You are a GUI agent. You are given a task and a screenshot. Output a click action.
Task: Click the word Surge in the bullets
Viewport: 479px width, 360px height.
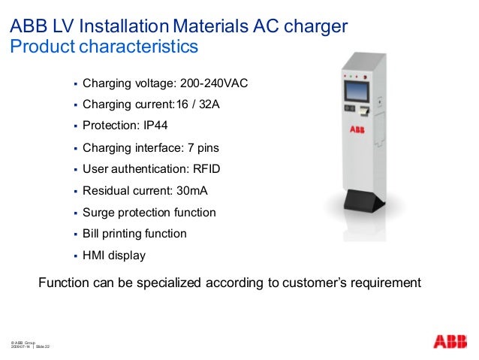[x=98, y=212]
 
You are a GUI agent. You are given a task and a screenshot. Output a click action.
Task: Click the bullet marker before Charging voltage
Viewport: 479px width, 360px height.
[x=75, y=83]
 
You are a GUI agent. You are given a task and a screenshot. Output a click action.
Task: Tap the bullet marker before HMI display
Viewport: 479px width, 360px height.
[x=75, y=256]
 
